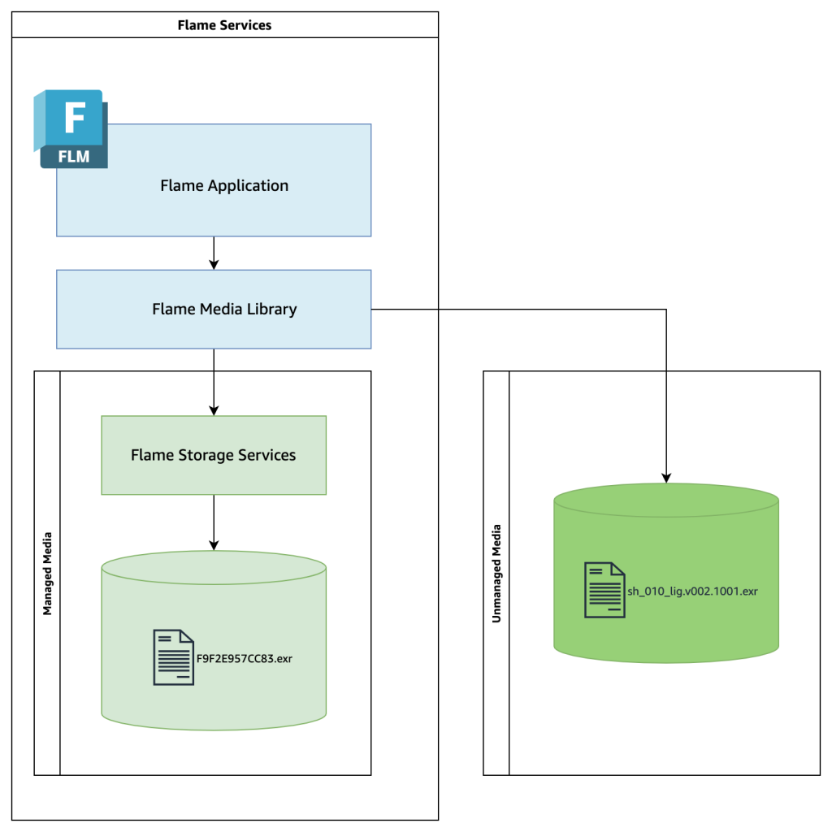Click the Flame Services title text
[224, 25]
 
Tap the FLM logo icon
[71, 129]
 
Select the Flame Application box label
[224, 185]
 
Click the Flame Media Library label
[224, 309]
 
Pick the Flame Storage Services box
[214, 455]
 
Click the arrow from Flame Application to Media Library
[214, 253]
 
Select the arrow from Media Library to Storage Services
[214, 382]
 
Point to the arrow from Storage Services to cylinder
[214, 522]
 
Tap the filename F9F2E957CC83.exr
[245, 658]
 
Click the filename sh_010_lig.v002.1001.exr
[692, 591]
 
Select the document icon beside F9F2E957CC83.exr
[173, 657]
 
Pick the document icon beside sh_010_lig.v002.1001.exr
[604, 590]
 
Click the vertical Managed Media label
[47, 573]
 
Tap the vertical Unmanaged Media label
[496, 573]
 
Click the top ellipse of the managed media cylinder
[214, 567]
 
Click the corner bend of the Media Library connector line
[666, 310]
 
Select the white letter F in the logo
[73, 118]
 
